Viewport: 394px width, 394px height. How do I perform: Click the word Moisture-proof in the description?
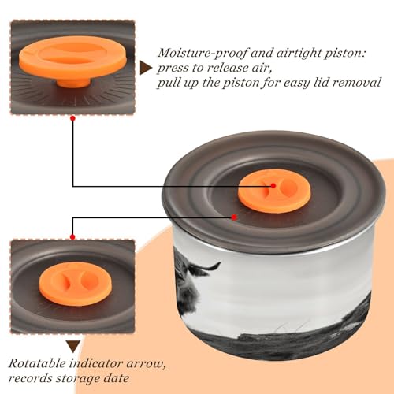(x=203, y=54)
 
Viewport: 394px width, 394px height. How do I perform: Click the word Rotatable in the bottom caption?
(x=37, y=363)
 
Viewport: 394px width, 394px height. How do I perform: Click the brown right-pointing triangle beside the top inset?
(x=146, y=68)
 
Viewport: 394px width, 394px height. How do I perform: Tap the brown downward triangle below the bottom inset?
(x=73, y=347)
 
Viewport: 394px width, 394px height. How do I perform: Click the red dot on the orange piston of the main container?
(x=273, y=186)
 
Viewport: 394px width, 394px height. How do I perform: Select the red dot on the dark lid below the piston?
(x=234, y=217)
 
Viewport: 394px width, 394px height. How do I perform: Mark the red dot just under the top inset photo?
(x=73, y=119)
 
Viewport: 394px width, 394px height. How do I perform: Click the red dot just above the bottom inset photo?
(x=72, y=237)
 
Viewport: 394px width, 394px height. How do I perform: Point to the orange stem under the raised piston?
(x=73, y=82)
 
